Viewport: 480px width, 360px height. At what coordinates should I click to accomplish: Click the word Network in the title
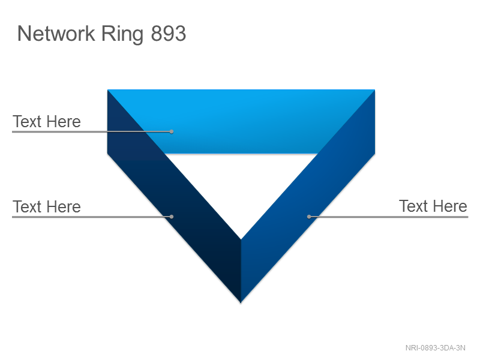[x=56, y=33]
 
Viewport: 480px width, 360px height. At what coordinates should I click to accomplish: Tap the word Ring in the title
[x=122, y=34]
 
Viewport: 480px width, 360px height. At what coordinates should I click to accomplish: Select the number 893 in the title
[x=169, y=34]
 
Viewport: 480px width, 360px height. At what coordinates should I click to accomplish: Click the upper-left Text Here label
[x=47, y=122]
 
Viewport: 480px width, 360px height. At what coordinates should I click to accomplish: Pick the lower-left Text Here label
[x=47, y=206]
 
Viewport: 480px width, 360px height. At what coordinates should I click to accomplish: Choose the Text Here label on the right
[x=433, y=206]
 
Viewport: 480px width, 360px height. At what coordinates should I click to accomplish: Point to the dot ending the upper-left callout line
[x=172, y=131]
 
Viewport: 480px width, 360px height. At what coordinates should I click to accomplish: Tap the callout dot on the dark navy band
[x=172, y=217]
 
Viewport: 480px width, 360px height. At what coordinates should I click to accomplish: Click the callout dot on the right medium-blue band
[x=309, y=217]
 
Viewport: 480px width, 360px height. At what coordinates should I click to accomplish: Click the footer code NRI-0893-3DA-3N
[x=436, y=348]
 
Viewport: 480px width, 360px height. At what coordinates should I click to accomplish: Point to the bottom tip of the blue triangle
[x=241, y=303]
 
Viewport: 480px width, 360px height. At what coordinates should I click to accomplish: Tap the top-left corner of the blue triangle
[x=108, y=89]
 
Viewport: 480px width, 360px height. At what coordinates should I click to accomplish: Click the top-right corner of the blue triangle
[x=374, y=89]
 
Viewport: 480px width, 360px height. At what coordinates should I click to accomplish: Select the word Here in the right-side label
[x=449, y=206]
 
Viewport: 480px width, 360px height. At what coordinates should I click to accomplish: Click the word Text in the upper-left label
[x=27, y=122]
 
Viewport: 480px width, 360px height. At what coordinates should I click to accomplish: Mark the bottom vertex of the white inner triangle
[x=241, y=239]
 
